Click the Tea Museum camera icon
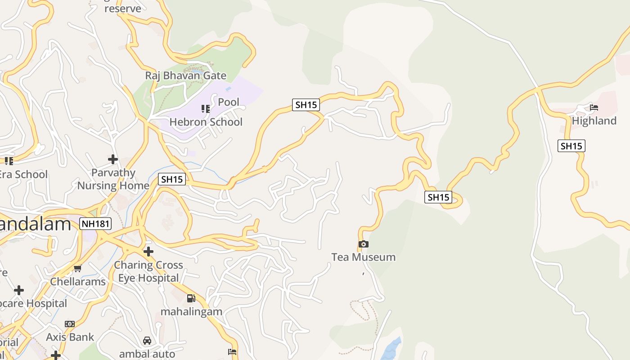click(364, 244)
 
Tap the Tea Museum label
click(363, 257)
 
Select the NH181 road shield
click(95, 224)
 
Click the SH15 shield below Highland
click(571, 146)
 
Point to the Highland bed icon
click(594, 108)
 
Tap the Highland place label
click(594, 121)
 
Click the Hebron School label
click(206, 122)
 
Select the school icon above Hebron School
click(206, 108)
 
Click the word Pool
click(229, 102)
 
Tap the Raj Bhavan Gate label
click(185, 76)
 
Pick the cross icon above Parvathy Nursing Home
click(113, 159)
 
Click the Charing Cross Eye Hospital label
click(148, 271)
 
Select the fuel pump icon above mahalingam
click(191, 298)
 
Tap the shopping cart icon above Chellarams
click(77, 269)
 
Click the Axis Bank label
click(70, 337)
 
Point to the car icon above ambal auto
click(147, 341)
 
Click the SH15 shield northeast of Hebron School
click(306, 105)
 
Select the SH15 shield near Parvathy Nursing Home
click(172, 179)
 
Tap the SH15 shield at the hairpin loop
click(438, 197)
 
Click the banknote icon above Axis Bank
click(70, 324)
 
